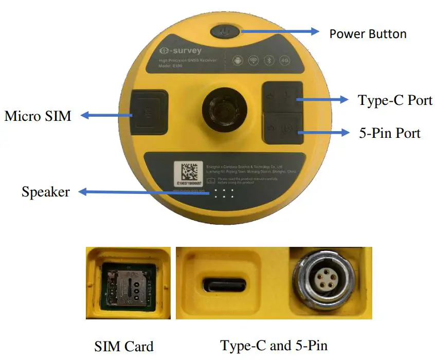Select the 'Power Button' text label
368,34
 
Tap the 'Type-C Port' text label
395,100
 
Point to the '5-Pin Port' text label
389,133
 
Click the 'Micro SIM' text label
38,116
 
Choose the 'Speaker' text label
45,192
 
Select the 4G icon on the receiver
284,61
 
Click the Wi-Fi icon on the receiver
253,61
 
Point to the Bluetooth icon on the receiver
268,61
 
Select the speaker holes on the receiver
224,193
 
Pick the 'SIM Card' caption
124,346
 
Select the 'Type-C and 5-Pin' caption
274,345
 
